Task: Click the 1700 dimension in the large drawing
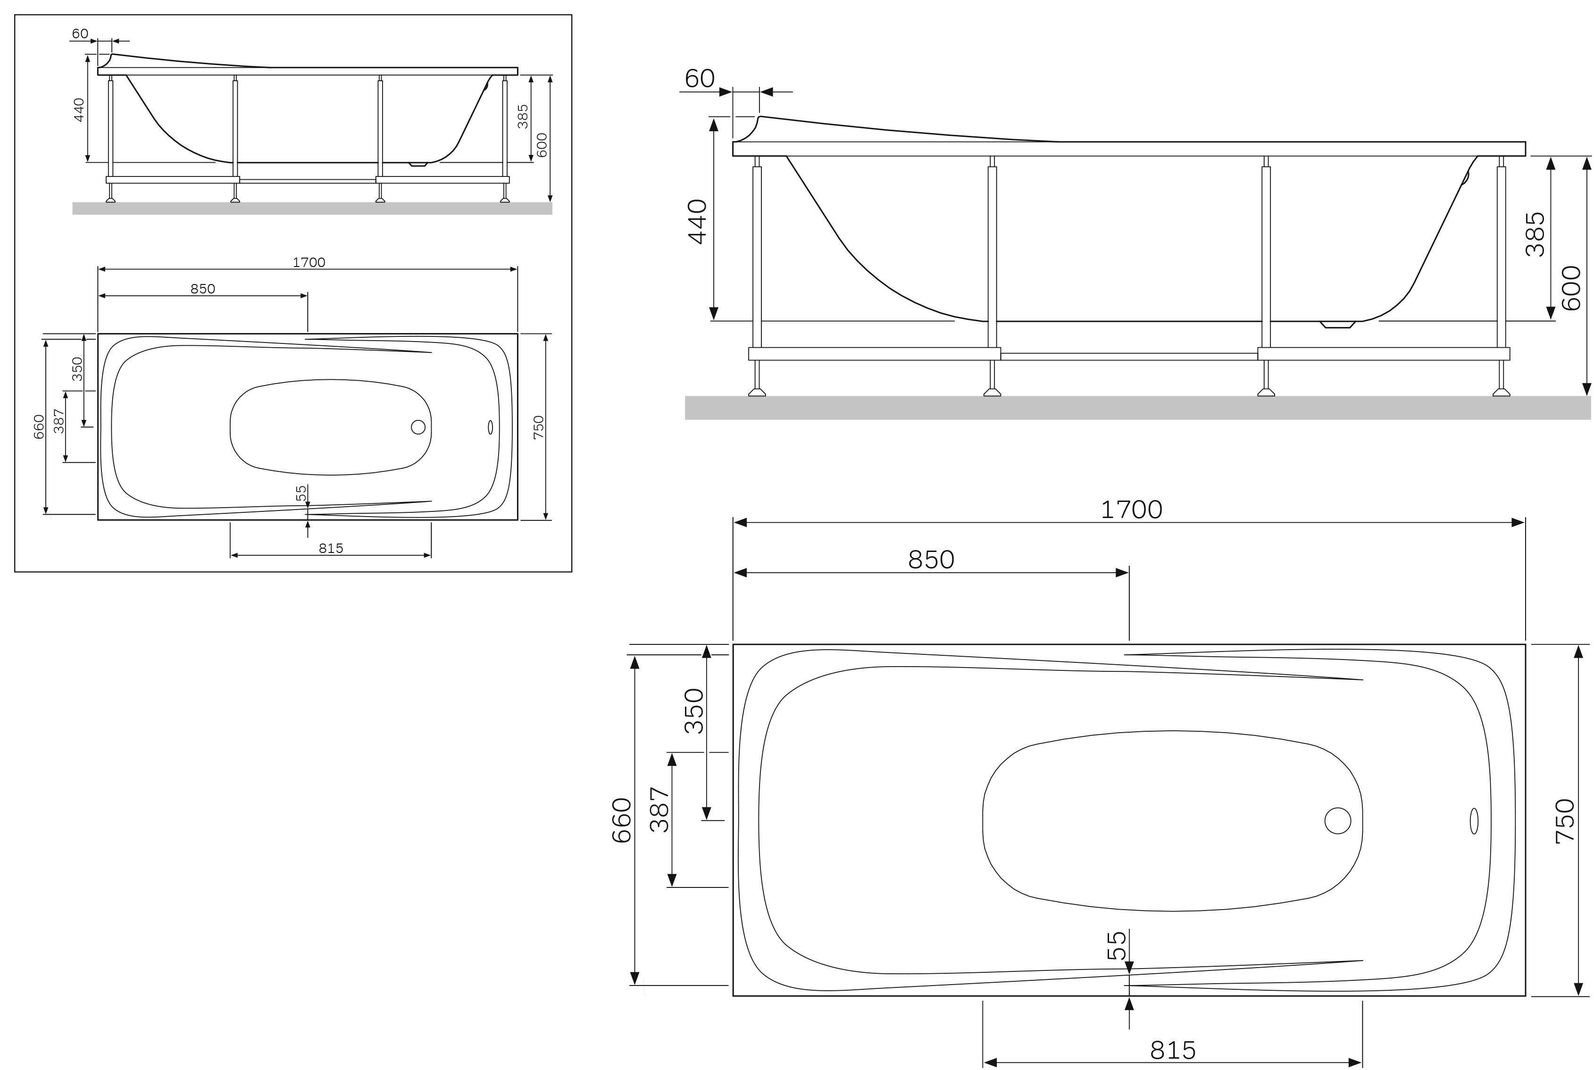pos(1131,510)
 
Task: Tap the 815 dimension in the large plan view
pos(1172,1050)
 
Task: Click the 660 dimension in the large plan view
pos(622,820)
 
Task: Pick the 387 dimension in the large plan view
pos(659,809)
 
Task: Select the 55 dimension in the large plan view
pos(1116,946)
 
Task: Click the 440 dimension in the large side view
pos(697,221)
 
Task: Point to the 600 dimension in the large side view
pos(1571,287)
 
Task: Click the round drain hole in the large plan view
pos(1337,820)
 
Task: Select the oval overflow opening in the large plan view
pos(1473,821)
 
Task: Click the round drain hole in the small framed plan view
pos(418,427)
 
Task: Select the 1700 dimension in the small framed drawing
pos(309,262)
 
